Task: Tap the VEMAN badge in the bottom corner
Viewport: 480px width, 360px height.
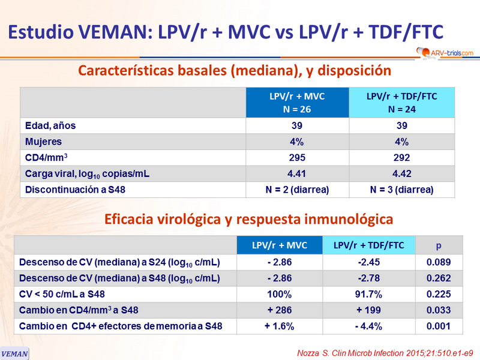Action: [14, 353]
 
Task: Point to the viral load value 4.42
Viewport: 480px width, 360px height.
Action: [402, 174]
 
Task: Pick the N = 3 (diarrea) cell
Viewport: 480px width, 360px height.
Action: [402, 190]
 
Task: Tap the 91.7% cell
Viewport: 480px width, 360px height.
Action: [369, 295]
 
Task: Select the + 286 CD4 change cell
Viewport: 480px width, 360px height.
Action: [280, 311]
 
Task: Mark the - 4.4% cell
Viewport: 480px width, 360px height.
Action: [369, 327]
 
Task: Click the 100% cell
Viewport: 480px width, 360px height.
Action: [280, 295]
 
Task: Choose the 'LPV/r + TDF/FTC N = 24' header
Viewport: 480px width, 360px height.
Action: [402, 103]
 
